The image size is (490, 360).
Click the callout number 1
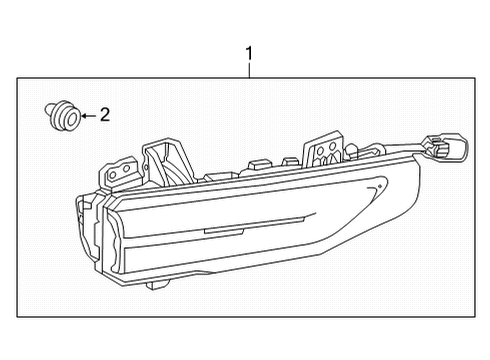coord(249,53)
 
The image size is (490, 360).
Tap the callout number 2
coord(105,116)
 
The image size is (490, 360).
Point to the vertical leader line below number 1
coord(249,70)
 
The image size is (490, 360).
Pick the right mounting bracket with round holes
coord(326,149)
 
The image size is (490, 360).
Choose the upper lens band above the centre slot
coord(220,210)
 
